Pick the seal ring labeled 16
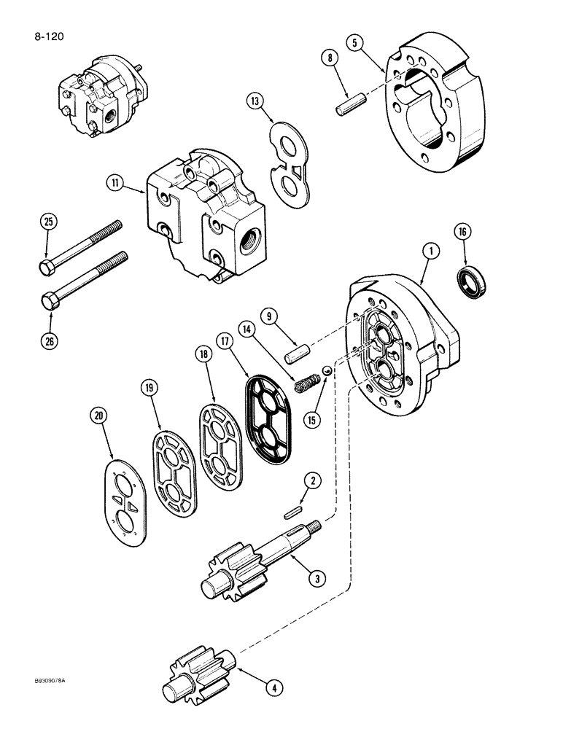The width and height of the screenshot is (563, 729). point(469,278)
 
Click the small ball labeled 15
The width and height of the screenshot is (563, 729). point(328,372)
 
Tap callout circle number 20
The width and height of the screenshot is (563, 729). point(98,416)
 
